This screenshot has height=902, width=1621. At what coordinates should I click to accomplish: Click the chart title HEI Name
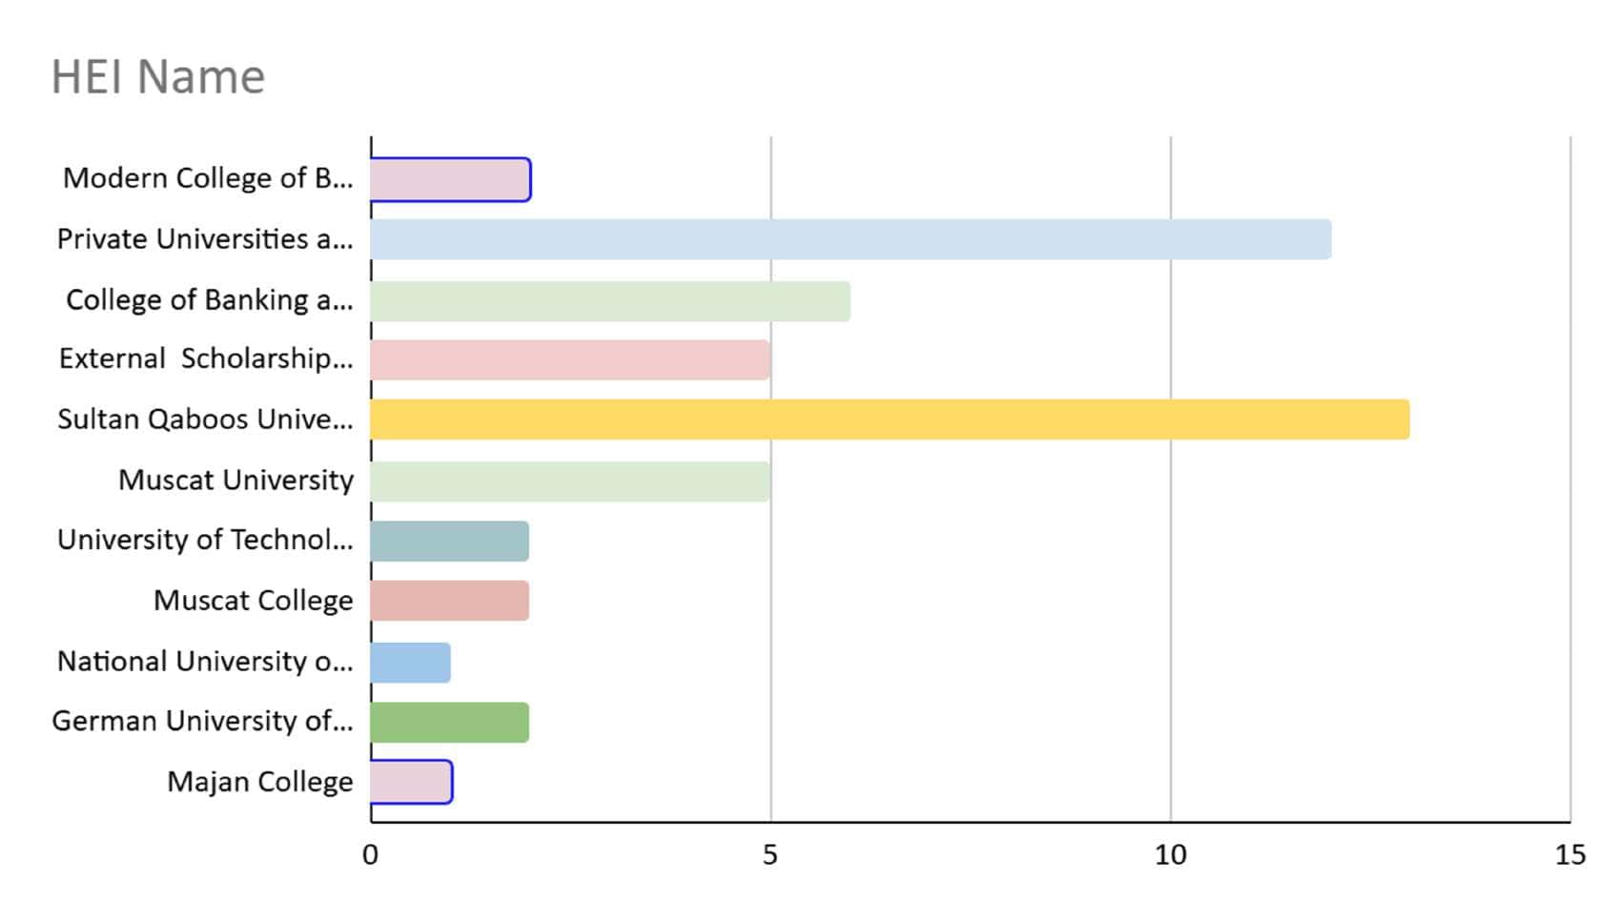pos(157,77)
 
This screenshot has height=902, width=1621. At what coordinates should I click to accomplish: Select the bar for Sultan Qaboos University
pos(890,420)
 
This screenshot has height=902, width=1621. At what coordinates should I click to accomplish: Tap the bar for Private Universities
pos(851,239)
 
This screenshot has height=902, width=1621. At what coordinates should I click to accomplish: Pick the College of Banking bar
pos(610,301)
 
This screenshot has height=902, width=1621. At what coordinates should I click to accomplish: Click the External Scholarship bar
pos(570,360)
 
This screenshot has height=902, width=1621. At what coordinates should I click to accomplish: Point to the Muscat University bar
pos(570,482)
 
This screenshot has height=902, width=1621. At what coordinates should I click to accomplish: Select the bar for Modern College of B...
pos(450,180)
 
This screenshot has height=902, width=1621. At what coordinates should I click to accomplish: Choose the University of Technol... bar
pos(449,542)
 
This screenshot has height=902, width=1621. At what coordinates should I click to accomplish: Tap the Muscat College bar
pos(449,601)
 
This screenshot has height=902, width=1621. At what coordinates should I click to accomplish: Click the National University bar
pos(410,663)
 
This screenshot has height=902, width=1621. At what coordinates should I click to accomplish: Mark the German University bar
pos(449,723)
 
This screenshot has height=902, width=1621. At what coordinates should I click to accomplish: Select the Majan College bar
pos(411,782)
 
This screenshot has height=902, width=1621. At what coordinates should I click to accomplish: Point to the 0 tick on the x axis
pos(370,855)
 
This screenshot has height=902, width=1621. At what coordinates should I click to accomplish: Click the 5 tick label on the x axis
pos(770,855)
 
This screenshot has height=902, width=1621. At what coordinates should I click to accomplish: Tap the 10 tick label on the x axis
pos(1170,855)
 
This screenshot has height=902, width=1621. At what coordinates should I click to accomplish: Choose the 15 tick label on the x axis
pos(1570,855)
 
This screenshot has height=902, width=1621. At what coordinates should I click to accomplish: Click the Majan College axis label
pos(259,782)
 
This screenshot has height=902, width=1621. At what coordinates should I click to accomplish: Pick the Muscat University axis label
pos(236,480)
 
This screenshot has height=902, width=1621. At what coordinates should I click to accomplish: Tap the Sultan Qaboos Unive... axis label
pos(205,420)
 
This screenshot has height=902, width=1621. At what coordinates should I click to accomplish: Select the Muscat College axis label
pos(253,601)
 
